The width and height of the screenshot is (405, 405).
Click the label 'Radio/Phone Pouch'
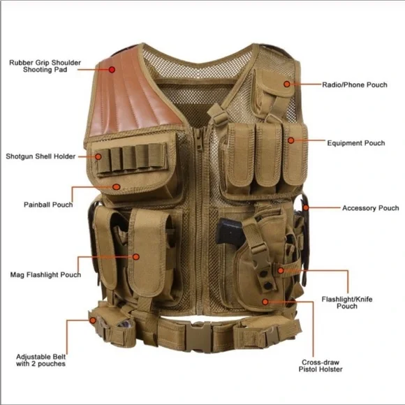coord(355,84)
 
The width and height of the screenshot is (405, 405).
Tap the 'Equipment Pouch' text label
coord(356,143)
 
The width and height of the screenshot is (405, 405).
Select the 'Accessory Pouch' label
coord(371,208)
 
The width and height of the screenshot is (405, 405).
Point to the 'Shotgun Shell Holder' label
coord(40,156)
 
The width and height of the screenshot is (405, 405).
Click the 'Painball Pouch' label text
coord(48,205)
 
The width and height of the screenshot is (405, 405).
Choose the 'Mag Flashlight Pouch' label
coord(45,274)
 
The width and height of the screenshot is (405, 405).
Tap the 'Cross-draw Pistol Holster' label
coord(321,366)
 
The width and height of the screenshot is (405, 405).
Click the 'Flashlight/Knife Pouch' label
coord(347,303)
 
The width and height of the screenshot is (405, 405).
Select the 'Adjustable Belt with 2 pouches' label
coord(40,360)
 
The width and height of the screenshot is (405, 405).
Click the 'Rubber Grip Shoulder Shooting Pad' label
coord(45,66)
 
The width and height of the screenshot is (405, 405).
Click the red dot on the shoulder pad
coord(112,70)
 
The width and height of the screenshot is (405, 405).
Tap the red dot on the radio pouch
coord(287,84)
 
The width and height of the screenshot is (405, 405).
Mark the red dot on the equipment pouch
coord(291,140)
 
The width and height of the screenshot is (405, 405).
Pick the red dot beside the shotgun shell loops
coord(98,156)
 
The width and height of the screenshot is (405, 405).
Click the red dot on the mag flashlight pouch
coord(136,257)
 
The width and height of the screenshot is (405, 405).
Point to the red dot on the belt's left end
coord(93,321)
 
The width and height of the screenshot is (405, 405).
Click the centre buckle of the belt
coord(198,337)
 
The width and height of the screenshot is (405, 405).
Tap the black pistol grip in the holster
coord(229,232)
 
